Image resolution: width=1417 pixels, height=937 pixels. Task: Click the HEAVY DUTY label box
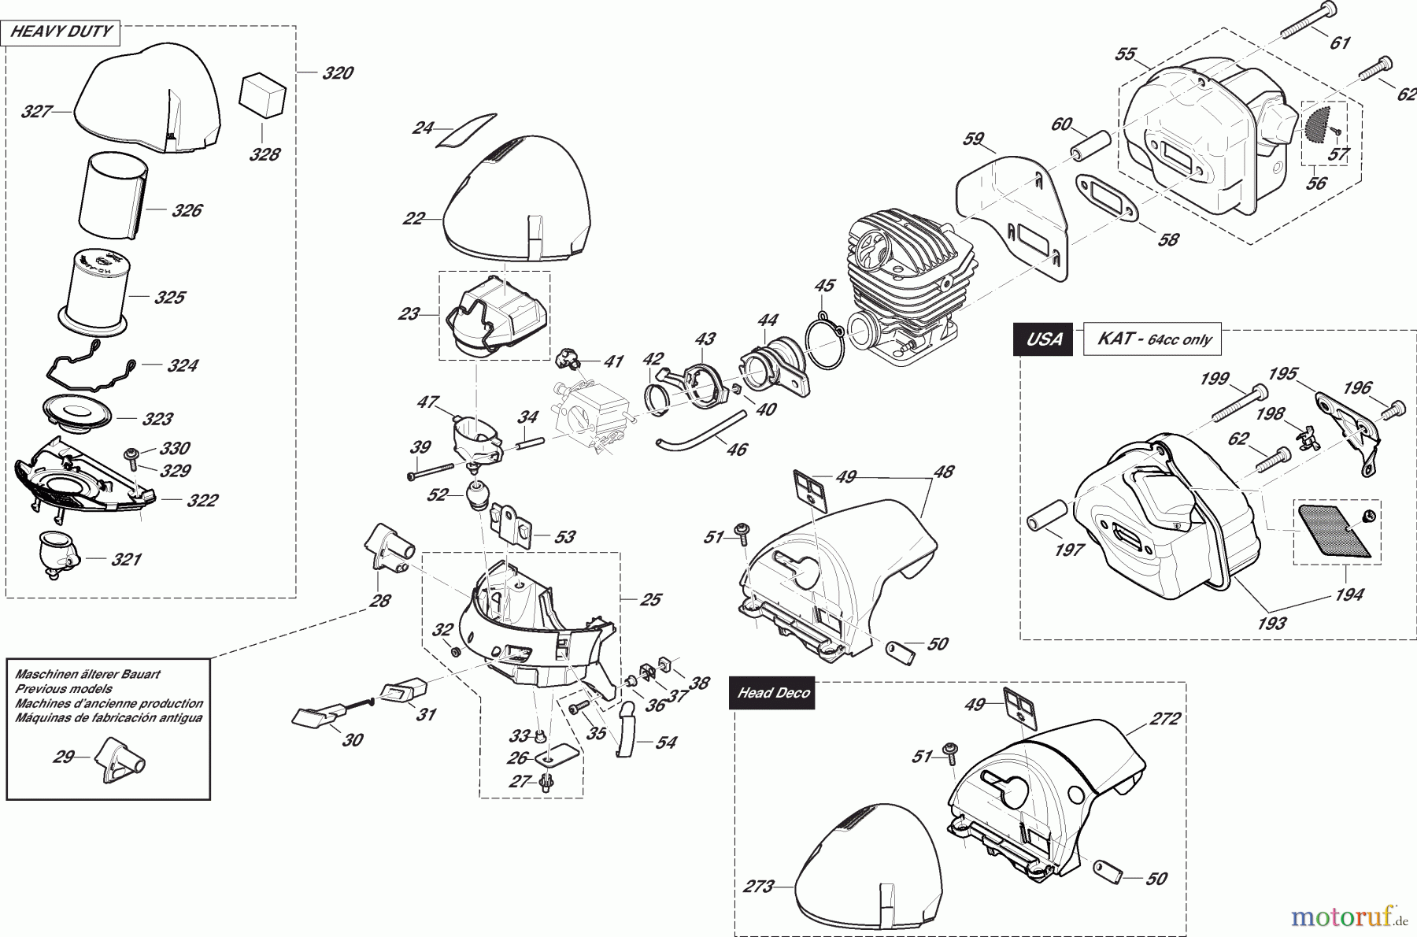point(61,32)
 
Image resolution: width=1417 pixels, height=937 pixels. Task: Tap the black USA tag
point(1043,339)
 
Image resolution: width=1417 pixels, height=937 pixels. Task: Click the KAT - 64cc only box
point(1152,340)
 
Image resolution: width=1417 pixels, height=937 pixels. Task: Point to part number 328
point(264,154)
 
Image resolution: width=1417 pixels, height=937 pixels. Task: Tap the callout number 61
point(1340,43)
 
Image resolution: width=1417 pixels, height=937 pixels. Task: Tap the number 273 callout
point(758,887)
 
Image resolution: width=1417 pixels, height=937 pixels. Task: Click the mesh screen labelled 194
point(1336,530)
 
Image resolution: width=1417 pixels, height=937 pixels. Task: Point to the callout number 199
point(1214,379)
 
